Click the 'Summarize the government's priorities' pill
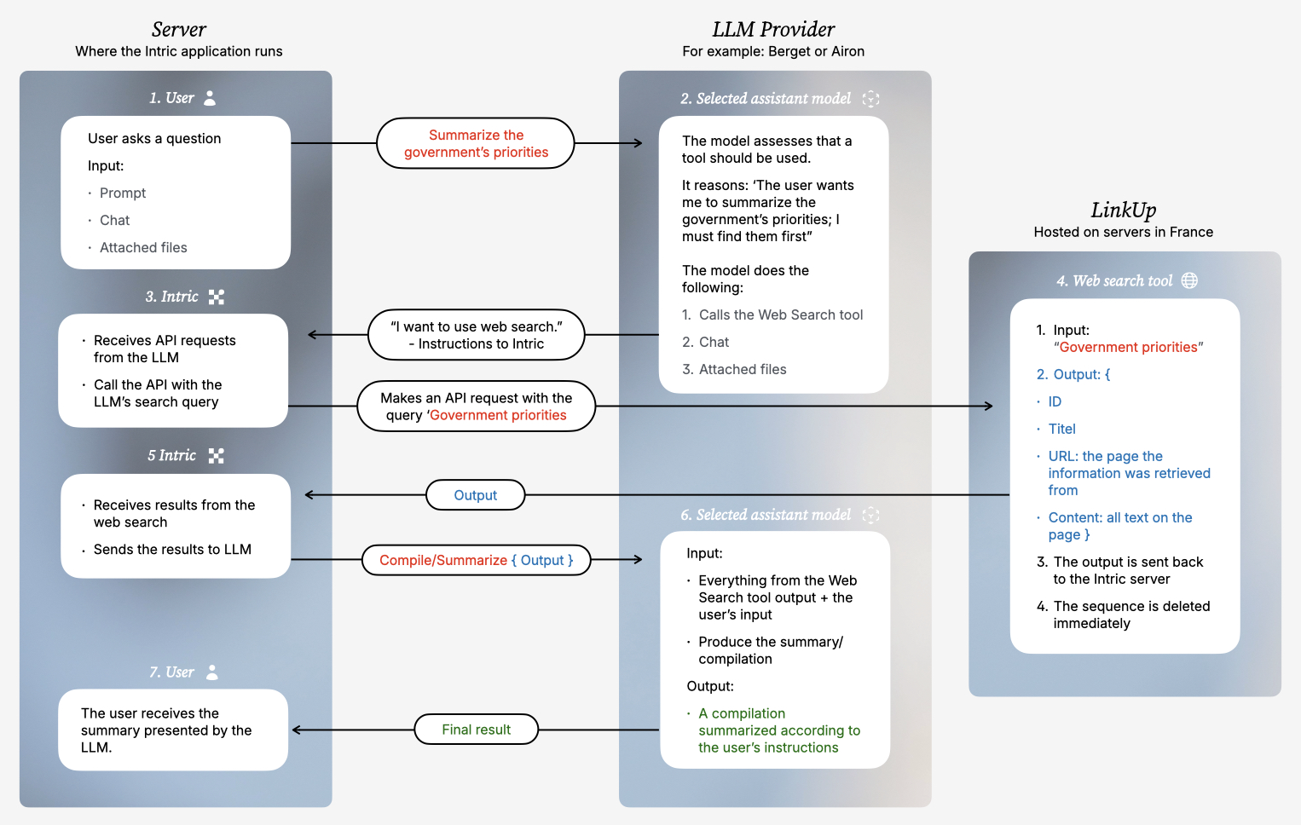[476, 143]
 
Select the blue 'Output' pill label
[475, 495]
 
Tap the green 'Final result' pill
[476, 730]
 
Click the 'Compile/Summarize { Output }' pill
[476, 560]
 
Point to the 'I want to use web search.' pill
[476, 335]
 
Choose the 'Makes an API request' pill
[476, 407]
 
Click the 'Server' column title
[178, 30]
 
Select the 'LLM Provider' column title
[773, 30]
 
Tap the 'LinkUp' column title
[1123, 211]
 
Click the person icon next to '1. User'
[210, 98]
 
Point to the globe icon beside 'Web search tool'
[1189, 280]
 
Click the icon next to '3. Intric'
[217, 297]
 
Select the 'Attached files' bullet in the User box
[143, 247]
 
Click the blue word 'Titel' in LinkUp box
[1061, 429]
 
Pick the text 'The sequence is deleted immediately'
[1130, 614]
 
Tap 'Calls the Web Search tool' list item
[780, 314]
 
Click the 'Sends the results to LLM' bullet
[172, 550]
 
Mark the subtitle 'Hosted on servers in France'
[1123, 232]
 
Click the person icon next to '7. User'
[212, 672]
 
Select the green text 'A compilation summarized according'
[778, 730]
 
